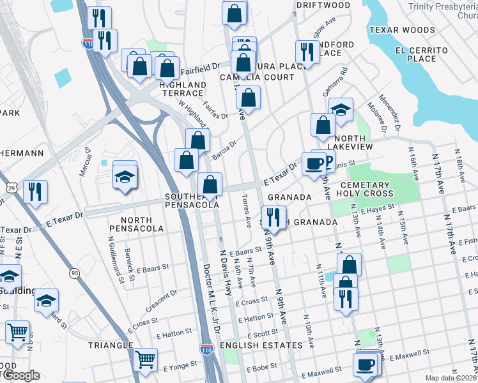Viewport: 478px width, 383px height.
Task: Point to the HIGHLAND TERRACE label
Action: (183, 89)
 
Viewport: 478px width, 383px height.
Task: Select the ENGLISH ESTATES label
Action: (260, 345)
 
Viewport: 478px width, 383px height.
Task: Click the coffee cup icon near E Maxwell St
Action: (366, 364)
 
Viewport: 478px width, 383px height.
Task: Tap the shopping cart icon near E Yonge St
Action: (146, 359)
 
